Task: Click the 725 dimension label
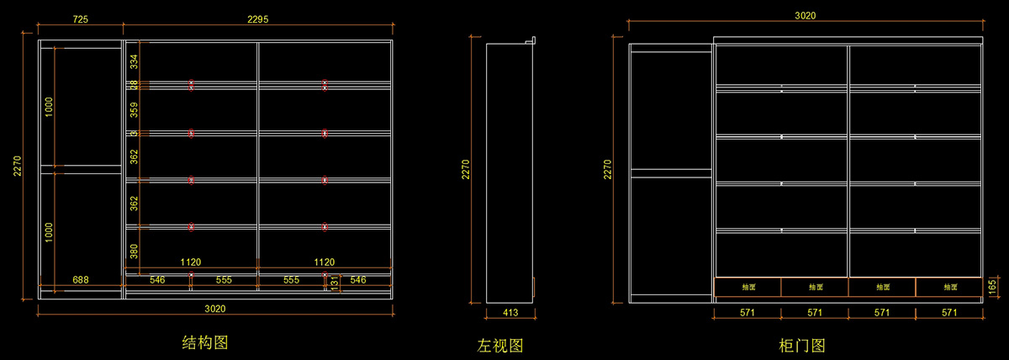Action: (x=82, y=18)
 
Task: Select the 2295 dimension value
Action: (x=259, y=18)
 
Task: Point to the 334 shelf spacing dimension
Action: (x=133, y=62)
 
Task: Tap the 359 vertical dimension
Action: (x=133, y=109)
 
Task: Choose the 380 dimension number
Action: (x=133, y=250)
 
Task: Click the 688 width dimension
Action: (x=81, y=279)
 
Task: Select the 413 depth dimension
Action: (x=510, y=313)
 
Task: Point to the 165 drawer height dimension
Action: (x=993, y=287)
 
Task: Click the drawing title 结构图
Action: (x=205, y=342)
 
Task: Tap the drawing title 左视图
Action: (x=501, y=345)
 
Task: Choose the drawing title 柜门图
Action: (x=802, y=345)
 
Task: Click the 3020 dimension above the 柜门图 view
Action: (x=805, y=15)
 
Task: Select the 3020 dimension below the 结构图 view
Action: (x=215, y=309)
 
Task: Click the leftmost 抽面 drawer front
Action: (x=748, y=287)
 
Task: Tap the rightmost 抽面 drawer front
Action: (x=949, y=287)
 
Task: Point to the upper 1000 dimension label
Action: (x=49, y=106)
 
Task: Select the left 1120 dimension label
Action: (x=191, y=262)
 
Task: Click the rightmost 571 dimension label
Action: (x=949, y=313)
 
